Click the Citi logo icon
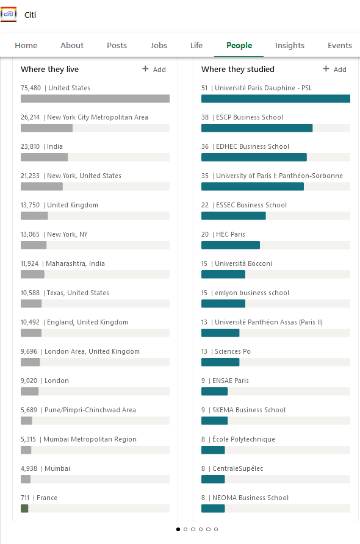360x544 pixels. click(x=9, y=14)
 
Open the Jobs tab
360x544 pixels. click(x=159, y=46)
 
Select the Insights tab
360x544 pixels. click(x=290, y=46)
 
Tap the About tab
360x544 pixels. click(x=72, y=46)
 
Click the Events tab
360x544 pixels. click(x=339, y=46)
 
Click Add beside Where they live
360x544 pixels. click(x=154, y=70)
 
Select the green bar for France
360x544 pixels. click(x=24, y=509)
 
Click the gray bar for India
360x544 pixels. click(x=44, y=157)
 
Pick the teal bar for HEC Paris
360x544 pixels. click(x=231, y=245)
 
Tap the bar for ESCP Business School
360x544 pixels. click(x=257, y=128)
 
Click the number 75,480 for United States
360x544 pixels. click(x=31, y=88)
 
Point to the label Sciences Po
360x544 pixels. click(x=232, y=351)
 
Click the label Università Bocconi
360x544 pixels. click(x=243, y=263)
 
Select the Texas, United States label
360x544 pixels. click(x=77, y=293)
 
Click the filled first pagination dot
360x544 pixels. click(x=178, y=529)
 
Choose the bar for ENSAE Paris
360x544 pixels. click(x=215, y=392)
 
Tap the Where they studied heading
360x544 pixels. click(x=238, y=70)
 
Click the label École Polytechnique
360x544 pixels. click(x=243, y=439)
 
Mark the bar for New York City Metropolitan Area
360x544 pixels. click(x=46, y=128)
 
